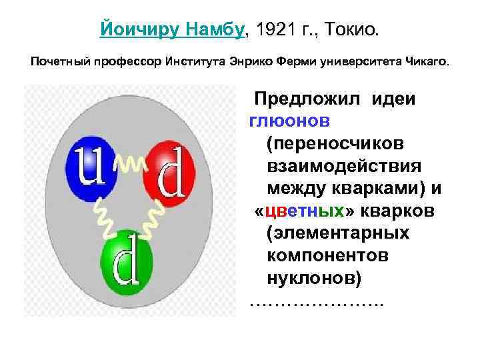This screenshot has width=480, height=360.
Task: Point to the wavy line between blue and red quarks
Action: coord(131,164)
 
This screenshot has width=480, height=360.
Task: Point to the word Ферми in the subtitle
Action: coord(318,63)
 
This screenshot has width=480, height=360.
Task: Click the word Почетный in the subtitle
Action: coord(55,63)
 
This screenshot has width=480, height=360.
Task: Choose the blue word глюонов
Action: coord(293,121)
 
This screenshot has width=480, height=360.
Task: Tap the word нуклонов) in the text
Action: coord(314,279)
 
